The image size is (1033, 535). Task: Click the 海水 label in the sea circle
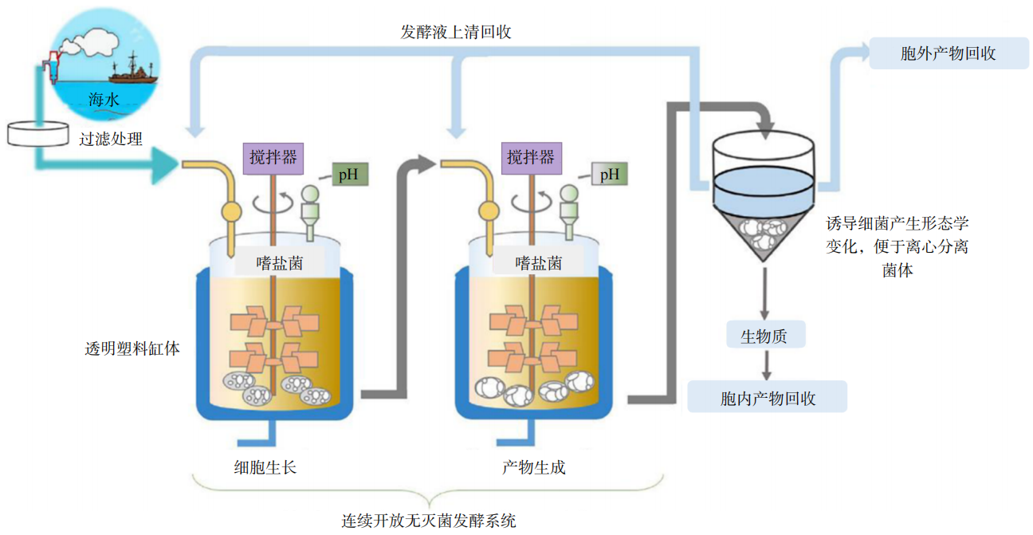tap(105, 100)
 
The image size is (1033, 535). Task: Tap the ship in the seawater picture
tap(134, 70)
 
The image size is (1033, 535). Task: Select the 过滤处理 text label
tap(111, 139)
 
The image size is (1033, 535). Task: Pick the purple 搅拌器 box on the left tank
tap(273, 157)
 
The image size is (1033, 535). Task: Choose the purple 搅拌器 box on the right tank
tap(530, 157)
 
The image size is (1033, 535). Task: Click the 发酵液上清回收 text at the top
tap(455, 33)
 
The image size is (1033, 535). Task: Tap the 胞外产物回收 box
tap(948, 54)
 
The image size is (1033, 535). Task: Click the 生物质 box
tap(764, 336)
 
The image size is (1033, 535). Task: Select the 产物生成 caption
tap(534, 467)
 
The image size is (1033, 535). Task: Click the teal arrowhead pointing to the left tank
tap(165, 166)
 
